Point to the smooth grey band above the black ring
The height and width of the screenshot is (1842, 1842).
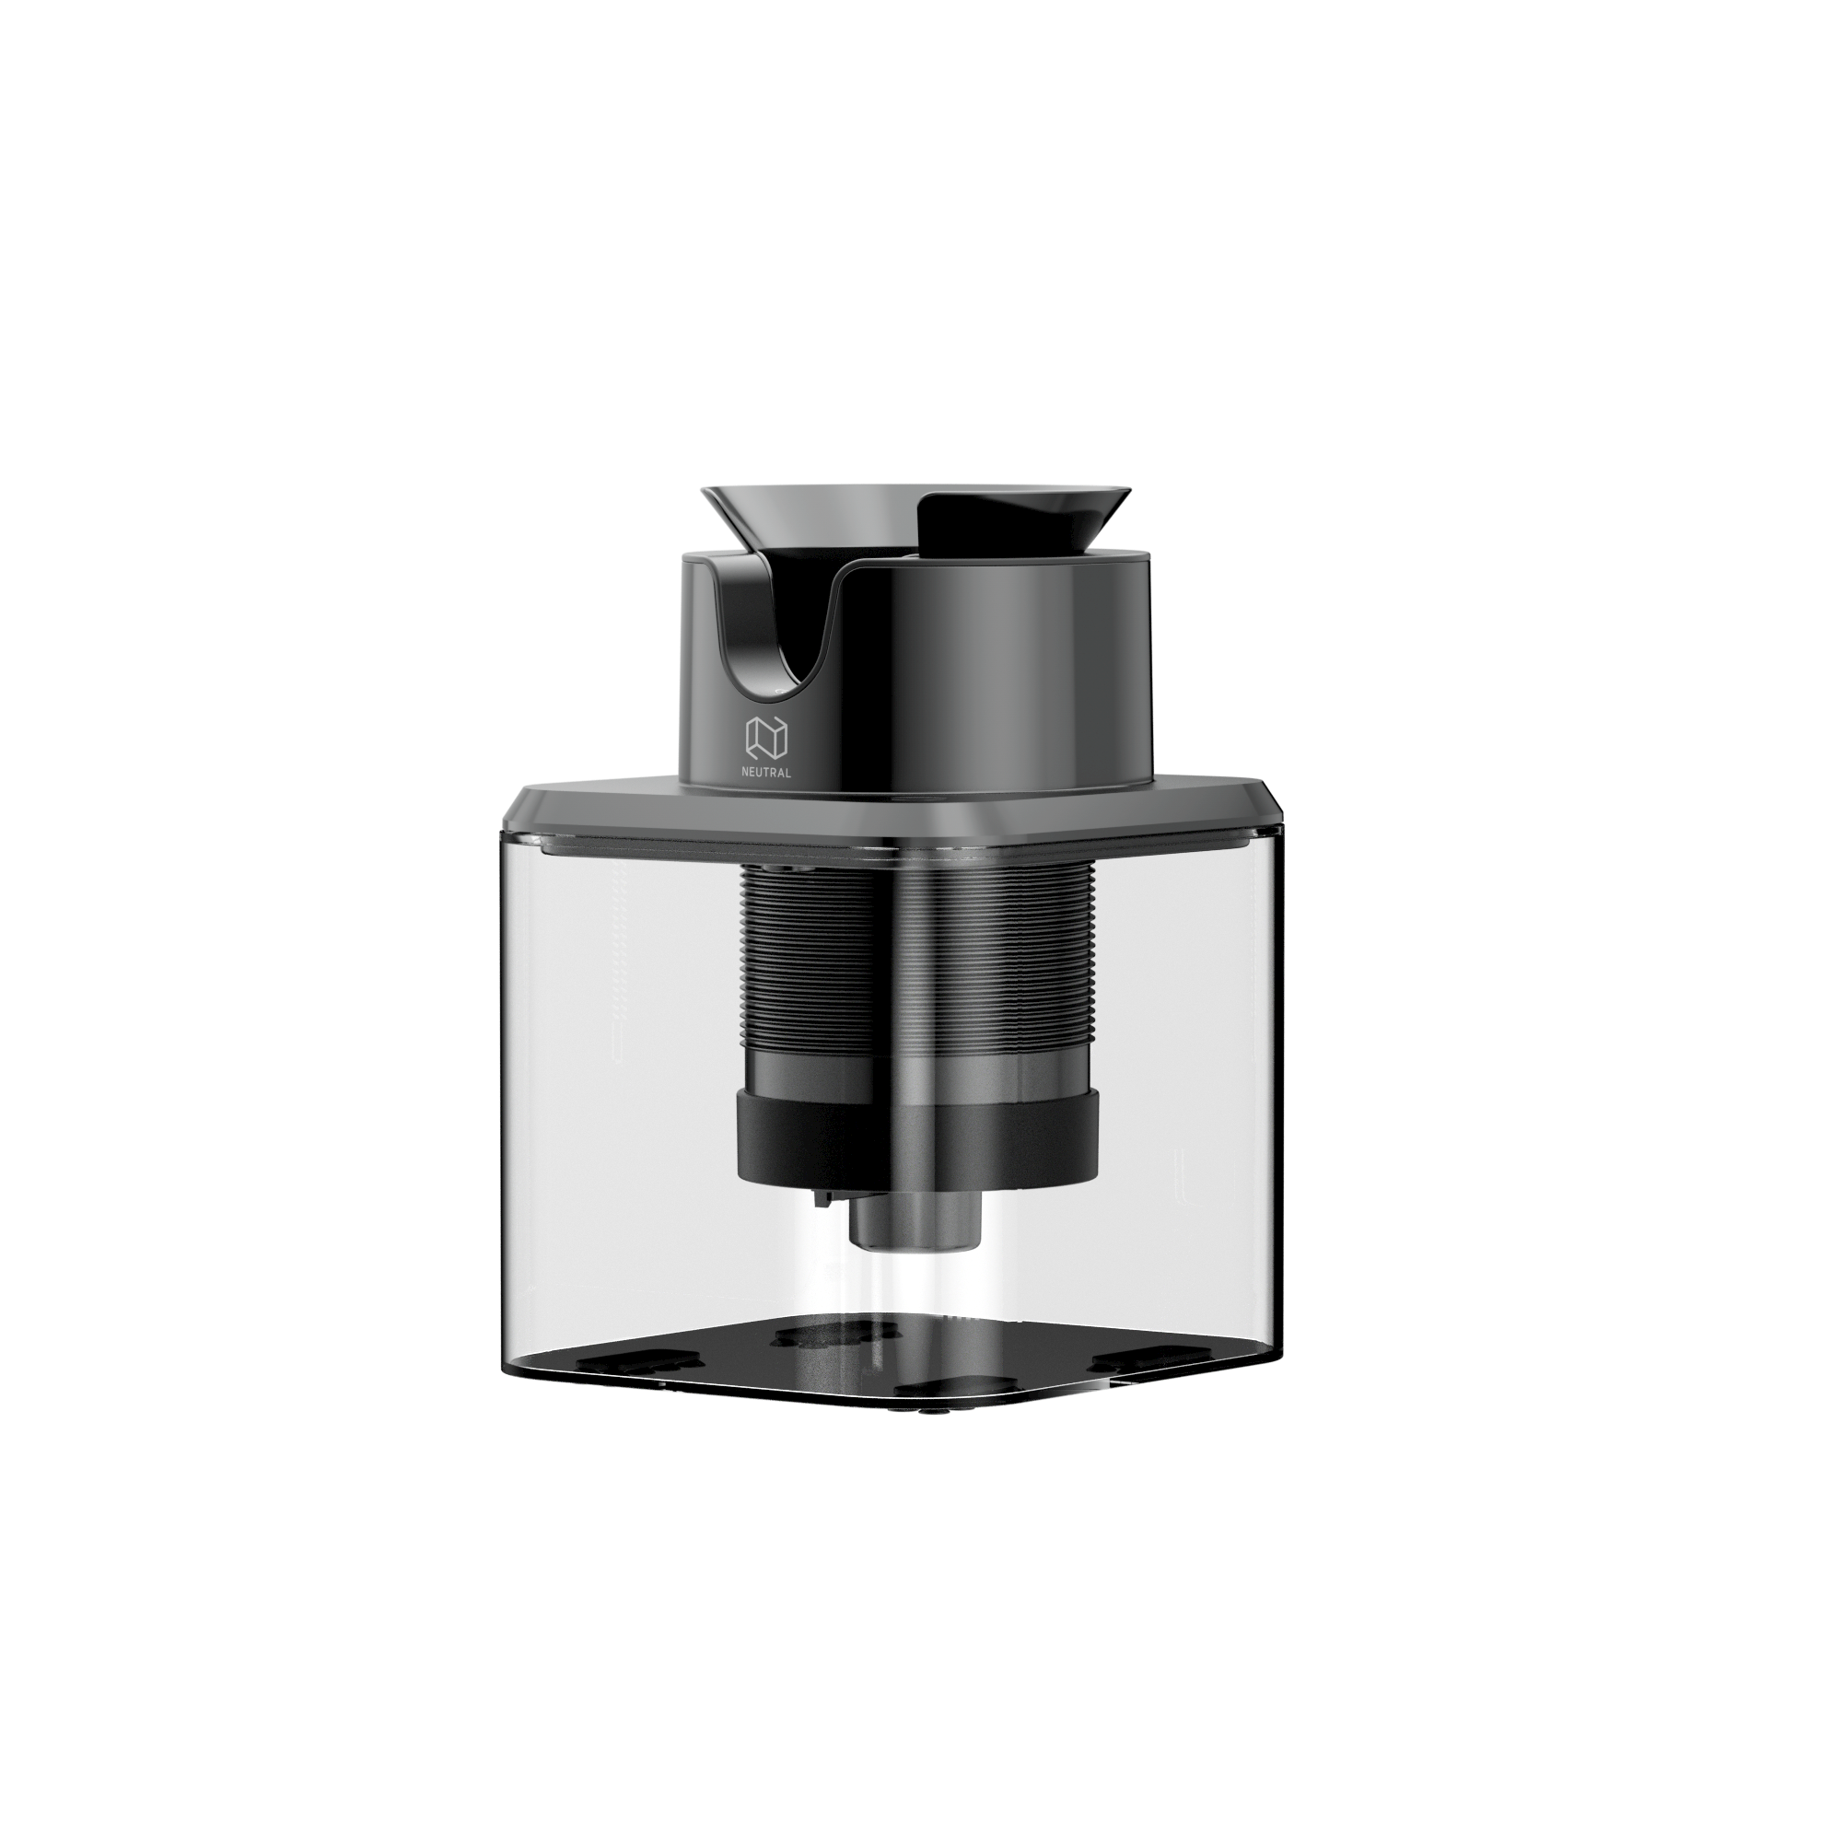pos(915,1073)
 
